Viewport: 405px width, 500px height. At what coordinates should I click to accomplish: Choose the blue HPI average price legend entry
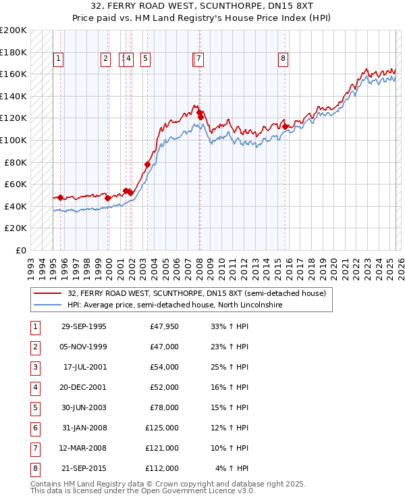pos(174,305)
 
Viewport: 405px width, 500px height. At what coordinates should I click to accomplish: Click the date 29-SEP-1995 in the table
pos(84,327)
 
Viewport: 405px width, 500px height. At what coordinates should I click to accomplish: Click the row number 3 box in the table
pos(34,367)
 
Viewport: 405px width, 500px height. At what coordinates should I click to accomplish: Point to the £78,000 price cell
pos(164,407)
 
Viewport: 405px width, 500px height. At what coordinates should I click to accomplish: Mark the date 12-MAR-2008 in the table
pos(84,447)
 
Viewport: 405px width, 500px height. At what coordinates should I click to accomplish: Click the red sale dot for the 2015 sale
pos(286,126)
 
